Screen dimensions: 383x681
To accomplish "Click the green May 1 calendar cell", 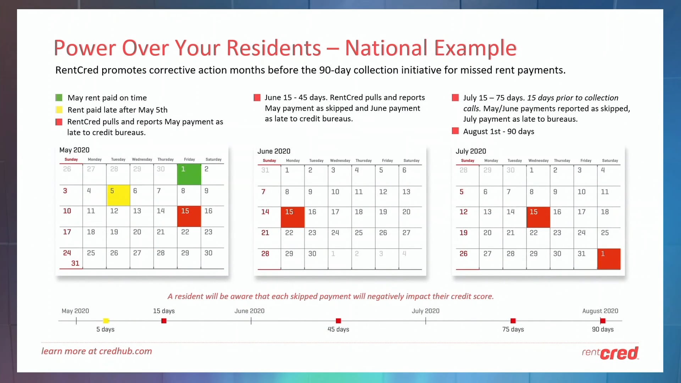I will (x=189, y=174).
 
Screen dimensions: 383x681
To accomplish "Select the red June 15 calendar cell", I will (x=293, y=217).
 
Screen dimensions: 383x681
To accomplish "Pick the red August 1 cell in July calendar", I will (x=609, y=259).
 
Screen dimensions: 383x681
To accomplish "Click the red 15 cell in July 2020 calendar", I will (x=538, y=217).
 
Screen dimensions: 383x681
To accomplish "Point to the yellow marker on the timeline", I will (x=106, y=321).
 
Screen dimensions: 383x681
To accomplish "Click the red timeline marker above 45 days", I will (x=338, y=321).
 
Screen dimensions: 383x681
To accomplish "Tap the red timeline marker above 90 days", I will (x=603, y=321).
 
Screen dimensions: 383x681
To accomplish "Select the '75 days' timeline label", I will (x=513, y=329).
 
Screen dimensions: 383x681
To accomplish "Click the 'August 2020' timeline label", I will (x=600, y=311).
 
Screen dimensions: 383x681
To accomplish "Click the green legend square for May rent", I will (x=59, y=98).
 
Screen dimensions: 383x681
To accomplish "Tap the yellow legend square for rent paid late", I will (x=59, y=110).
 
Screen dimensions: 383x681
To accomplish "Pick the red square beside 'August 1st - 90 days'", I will (x=455, y=131).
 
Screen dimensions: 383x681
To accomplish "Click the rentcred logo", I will (x=610, y=353).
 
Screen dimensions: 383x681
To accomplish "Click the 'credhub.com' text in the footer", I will (x=125, y=351).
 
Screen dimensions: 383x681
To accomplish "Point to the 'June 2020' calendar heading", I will (x=274, y=151).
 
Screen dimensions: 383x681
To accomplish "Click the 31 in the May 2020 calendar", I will (x=75, y=263).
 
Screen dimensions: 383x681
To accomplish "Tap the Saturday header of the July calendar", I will (x=610, y=161).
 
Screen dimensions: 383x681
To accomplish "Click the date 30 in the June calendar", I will (x=312, y=254).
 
